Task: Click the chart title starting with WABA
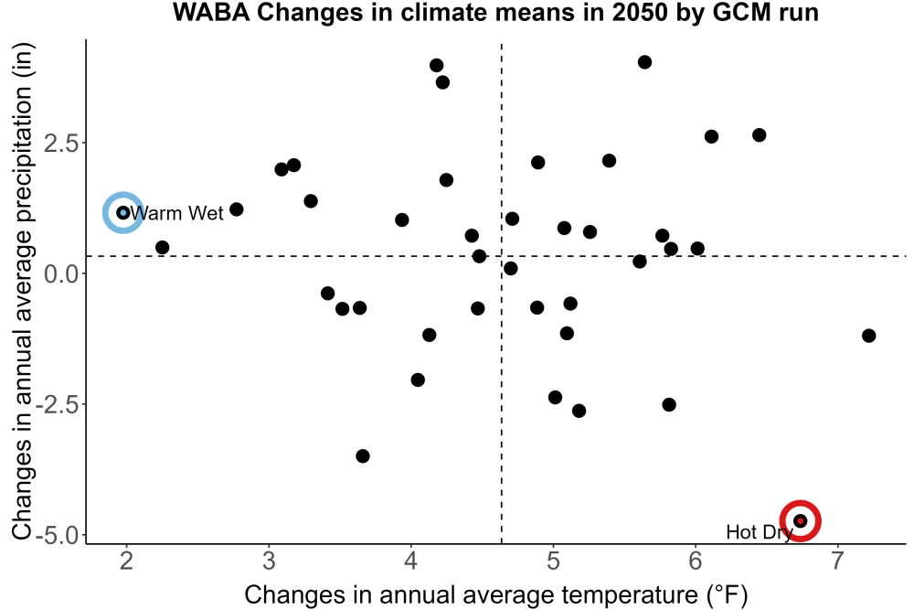[x=495, y=12]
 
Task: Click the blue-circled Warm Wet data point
[x=123, y=213]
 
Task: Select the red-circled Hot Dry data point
[x=801, y=520]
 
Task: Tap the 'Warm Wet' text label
[x=176, y=213]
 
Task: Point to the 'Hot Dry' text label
[x=759, y=532]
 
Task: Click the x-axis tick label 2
[x=126, y=562]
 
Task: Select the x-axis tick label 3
[x=269, y=562]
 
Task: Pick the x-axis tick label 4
[x=411, y=562]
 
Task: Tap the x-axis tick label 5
[x=553, y=562]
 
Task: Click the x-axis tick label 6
[x=696, y=562]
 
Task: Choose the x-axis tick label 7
[x=837, y=562]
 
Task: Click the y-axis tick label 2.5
[x=61, y=143]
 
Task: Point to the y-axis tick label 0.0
[x=61, y=273]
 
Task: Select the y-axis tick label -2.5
[x=57, y=404]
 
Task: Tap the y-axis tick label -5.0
[x=57, y=535]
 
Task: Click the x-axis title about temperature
[x=496, y=594]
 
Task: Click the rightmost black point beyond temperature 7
[x=868, y=336]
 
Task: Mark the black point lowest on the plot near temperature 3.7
[x=363, y=456]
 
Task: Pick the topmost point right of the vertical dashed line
[x=644, y=62]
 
